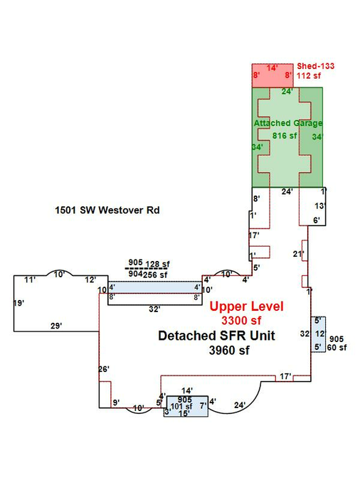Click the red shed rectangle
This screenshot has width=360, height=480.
(272, 75)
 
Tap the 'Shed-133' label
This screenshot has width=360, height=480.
(316, 66)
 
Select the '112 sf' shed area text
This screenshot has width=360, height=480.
(309, 75)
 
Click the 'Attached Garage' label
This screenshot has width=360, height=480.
(288, 123)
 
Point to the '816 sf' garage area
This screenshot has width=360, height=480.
(285, 135)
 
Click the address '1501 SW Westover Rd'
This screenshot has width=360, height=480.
(107, 210)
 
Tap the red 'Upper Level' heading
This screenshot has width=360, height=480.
(247, 306)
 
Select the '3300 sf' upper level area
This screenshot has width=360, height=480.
(241, 321)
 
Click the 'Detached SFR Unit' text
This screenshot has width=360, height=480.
(216, 336)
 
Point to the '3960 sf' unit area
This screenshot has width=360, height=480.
(229, 350)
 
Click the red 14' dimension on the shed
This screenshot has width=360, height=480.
(272, 68)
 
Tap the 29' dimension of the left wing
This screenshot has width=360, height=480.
(56, 326)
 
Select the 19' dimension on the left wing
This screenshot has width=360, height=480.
(18, 303)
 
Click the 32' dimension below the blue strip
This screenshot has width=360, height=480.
(154, 309)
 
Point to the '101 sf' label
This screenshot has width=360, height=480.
(181, 407)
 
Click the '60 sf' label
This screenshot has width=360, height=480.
(337, 348)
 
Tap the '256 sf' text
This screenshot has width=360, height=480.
(155, 275)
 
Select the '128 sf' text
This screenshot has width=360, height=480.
(157, 264)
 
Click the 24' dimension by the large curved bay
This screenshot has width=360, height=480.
(240, 405)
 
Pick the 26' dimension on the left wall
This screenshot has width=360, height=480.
(104, 369)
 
